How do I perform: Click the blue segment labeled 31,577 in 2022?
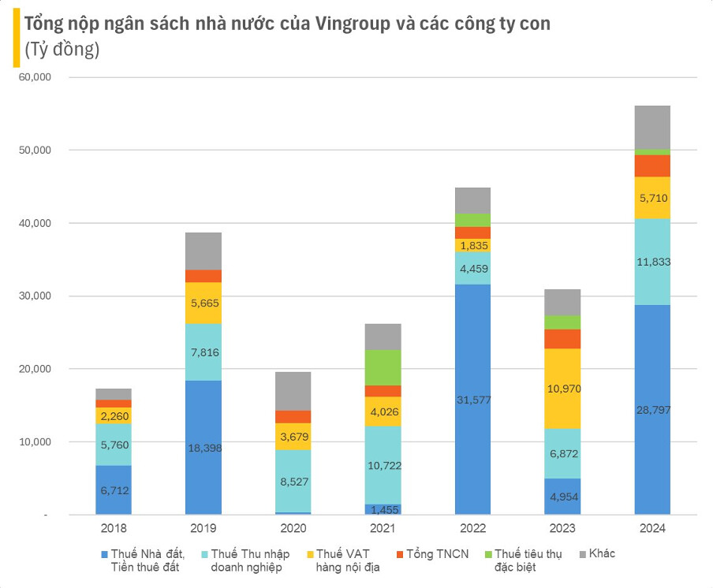(x=473, y=399)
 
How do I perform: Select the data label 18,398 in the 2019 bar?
(x=203, y=448)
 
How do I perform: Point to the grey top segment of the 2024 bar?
(x=652, y=127)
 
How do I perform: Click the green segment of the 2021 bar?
(x=383, y=367)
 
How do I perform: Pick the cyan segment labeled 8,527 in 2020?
(x=293, y=482)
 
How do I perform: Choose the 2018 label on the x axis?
(x=114, y=528)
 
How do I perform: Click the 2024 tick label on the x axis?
(x=652, y=528)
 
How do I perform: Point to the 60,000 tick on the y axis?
(x=35, y=77)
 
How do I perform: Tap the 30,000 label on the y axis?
(x=35, y=296)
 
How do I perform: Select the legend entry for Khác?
(x=601, y=553)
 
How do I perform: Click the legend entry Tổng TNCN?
(x=439, y=553)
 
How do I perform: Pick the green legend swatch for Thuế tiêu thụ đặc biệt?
(x=487, y=554)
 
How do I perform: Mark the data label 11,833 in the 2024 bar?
(x=652, y=262)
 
